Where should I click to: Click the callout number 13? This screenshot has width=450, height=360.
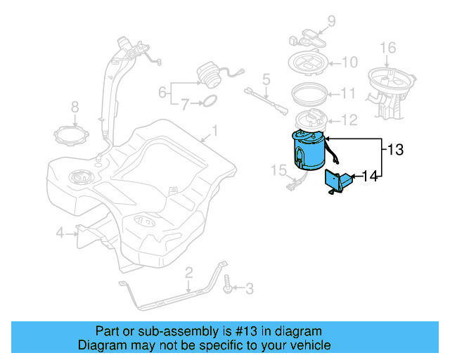(x=396, y=149)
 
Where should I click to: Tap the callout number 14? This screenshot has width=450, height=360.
(x=369, y=176)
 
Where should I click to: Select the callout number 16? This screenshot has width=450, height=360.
(x=388, y=48)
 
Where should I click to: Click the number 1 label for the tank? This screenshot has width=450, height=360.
(x=215, y=131)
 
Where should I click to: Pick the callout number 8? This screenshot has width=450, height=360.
(x=75, y=107)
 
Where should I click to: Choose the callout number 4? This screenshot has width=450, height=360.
(x=60, y=232)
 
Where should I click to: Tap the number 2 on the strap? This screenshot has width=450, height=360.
(x=188, y=272)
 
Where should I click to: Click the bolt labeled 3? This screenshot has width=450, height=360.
(x=228, y=285)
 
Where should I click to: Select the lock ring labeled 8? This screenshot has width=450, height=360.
(x=74, y=133)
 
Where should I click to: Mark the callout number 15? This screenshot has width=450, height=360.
(x=278, y=169)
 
